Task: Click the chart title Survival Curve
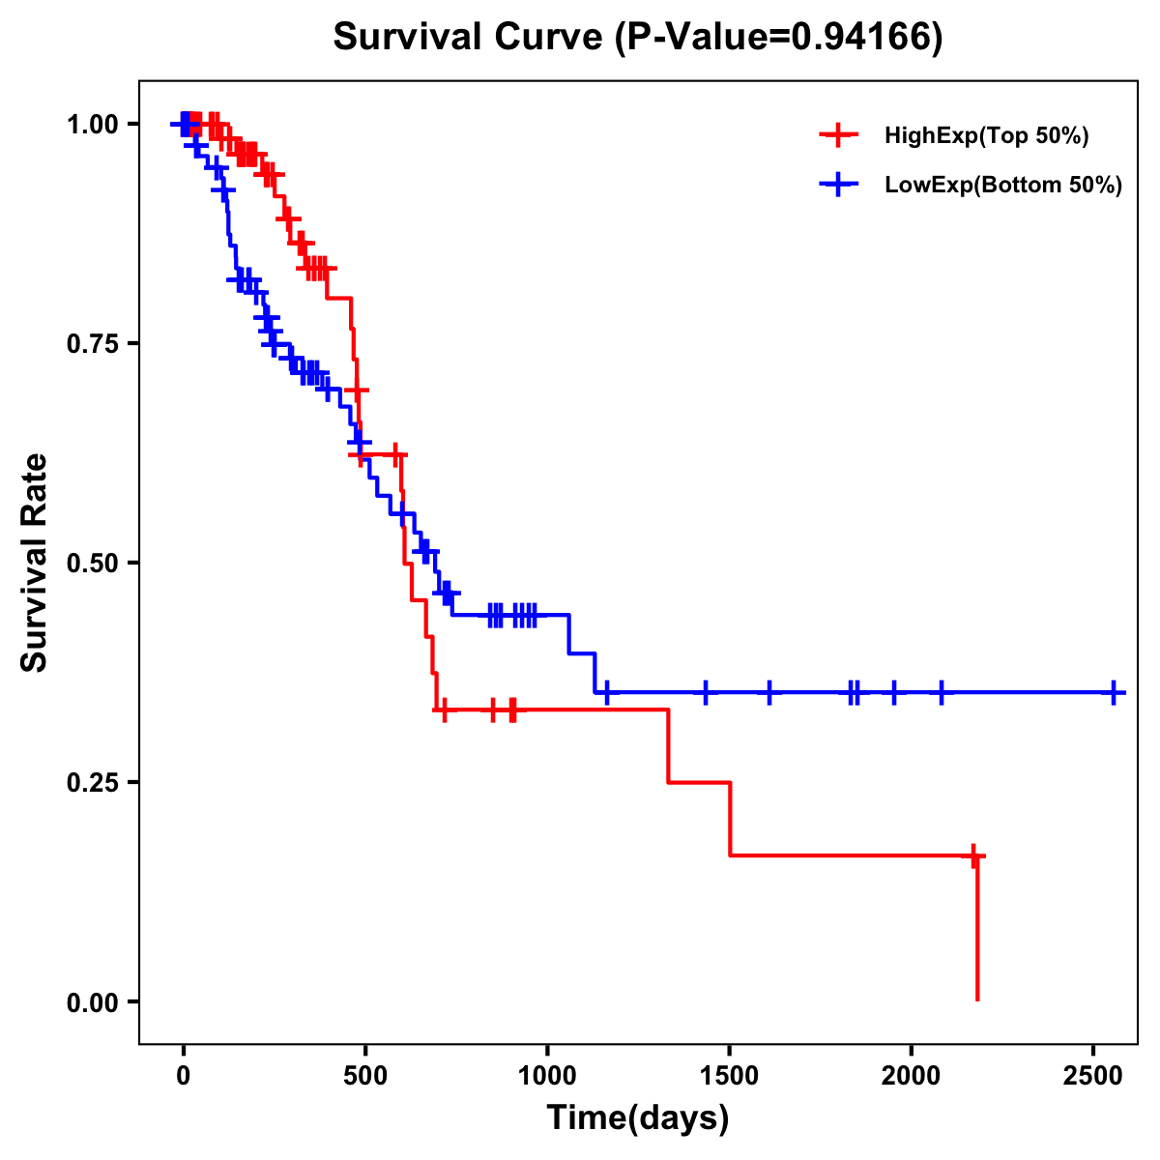click(x=470, y=37)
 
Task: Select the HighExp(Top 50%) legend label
click(x=986, y=136)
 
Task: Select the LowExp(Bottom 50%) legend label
click(x=1003, y=186)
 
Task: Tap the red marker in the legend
click(x=838, y=135)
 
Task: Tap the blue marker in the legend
click(x=838, y=185)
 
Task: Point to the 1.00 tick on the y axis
click(x=92, y=124)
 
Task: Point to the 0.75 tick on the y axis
click(x=92, y=343)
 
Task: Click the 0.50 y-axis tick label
click(x=92, y=563)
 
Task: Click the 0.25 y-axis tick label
click(x=92, y=782)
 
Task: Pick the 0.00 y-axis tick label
click(x=92, y=1001)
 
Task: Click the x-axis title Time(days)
click(x=638, y=1118)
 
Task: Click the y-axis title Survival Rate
click(x=35, y=563)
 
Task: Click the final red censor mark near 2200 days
click(x=975, y=855)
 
